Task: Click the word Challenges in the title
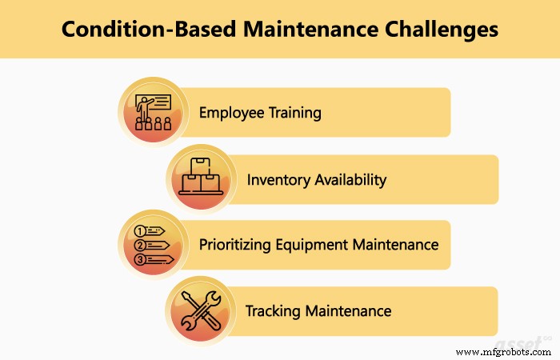pyautogui.click(x=438, y=30)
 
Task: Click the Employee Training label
pyautogui.click(x=260, y=113)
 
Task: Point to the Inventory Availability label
pyautogui.click(x=316, y=179)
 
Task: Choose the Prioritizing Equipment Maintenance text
pyautogui.click(x=318, y=245)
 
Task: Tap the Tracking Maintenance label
pyautogui.click(x=318, y=310)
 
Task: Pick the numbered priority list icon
pyautogui.click(x=153, y=245)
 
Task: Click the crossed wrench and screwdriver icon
pyautogui.click(x=200, y=310)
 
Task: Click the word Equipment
pyautogui.click(x=318, y=245)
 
